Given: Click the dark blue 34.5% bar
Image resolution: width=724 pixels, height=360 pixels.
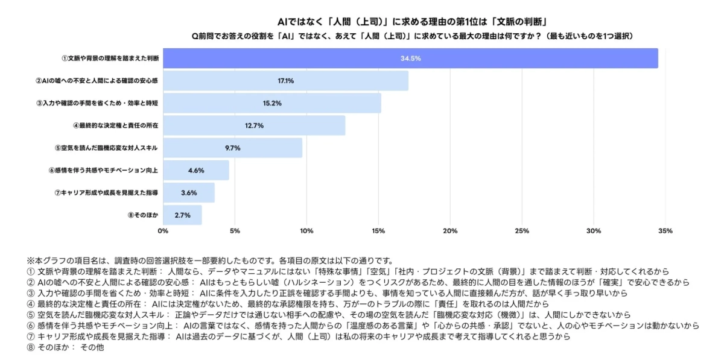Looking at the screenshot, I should [x=410, y=58].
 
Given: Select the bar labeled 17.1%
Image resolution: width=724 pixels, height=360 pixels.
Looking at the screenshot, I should [x=285, y=81].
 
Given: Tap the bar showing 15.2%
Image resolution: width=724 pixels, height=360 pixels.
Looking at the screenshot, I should [x=272, y=103].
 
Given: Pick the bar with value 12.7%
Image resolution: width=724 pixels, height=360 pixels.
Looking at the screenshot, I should [x=254, y=125].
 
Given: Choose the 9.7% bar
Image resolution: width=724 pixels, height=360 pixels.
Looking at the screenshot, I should [x=232, y=148].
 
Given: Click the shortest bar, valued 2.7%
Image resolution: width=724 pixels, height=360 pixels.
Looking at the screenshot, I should [x=182, y=215].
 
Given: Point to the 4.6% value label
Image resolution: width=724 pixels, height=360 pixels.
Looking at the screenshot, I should [x=197, y=171].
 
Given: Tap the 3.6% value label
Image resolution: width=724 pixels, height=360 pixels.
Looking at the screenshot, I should [x=189, y=193].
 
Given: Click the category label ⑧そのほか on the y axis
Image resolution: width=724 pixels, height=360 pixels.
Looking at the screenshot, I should [x=143, y=215].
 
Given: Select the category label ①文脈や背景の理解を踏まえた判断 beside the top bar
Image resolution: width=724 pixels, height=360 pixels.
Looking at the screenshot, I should [x=110, y=58].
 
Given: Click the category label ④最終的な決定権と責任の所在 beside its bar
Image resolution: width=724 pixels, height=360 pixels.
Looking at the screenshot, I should [x=116, y=125].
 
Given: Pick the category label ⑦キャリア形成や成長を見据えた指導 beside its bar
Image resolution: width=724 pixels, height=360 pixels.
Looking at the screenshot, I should [x=107, y=193].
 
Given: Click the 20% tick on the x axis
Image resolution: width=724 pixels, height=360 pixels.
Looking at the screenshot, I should [x=450, y=231].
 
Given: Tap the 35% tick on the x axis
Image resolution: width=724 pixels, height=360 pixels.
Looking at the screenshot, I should [x=665, y=231].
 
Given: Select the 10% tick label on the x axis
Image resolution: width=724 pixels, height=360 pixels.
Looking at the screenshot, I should [x=306, y=231].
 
